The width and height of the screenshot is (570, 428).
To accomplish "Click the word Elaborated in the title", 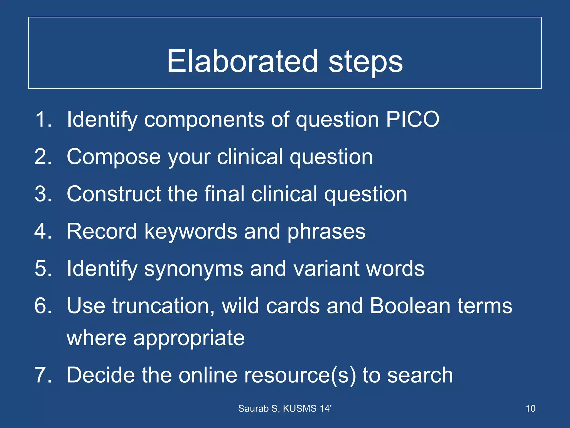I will [242, 61].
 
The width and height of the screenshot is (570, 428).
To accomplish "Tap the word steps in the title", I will [365, 63].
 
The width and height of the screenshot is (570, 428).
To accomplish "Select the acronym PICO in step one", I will [412, 119].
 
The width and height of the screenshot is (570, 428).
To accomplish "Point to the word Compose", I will [114, 157].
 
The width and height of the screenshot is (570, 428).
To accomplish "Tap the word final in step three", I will [224, 194].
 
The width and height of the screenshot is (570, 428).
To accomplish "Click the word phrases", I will [326, 232].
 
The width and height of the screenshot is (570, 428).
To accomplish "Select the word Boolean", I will [410, 306].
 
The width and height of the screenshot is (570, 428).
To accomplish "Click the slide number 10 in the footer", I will [530, 408].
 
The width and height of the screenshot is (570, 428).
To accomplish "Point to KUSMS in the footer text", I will [300, 408].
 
